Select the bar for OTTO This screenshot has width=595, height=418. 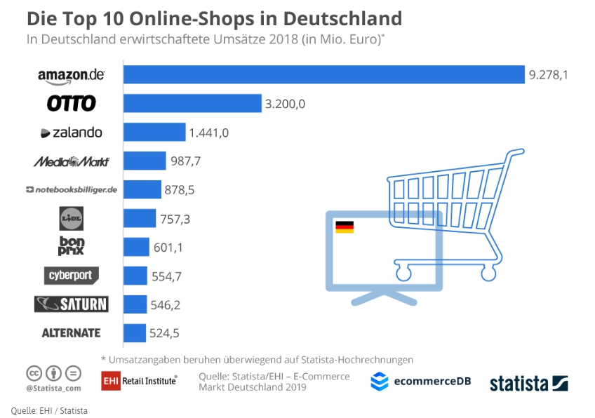192,104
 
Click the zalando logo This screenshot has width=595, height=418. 71,133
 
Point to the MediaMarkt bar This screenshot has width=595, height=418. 145,161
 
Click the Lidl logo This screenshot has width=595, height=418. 72,219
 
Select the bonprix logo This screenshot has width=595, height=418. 72,247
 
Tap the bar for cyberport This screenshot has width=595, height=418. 135,276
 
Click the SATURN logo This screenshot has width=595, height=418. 71,304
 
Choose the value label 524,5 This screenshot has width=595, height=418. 165,333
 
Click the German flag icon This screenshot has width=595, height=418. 345,227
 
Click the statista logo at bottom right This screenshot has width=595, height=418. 528,383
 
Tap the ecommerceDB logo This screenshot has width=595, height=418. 420,382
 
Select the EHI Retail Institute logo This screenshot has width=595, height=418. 139,380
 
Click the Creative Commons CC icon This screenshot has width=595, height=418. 34,372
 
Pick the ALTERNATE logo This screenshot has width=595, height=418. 71,333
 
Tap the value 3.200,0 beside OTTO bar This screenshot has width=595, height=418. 286,104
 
